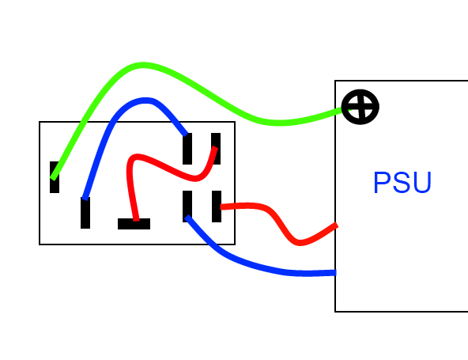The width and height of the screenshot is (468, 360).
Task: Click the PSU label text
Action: [402, 182]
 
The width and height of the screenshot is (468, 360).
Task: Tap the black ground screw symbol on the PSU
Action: [360, 107]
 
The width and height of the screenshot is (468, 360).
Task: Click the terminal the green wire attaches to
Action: [55, 177]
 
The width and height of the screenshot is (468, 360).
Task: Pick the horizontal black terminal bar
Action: [134, 224]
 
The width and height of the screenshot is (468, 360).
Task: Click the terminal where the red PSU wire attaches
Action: [217, 207]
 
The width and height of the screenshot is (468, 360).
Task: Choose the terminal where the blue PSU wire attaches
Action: [187, 207]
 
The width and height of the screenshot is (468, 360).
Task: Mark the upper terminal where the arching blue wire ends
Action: [187, 149]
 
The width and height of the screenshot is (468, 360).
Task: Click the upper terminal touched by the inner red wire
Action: [216, 149]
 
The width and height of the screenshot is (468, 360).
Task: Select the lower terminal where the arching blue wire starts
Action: [85, 213]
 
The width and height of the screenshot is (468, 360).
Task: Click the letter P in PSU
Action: [382, 183]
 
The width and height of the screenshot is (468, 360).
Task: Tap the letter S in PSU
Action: [402, 182]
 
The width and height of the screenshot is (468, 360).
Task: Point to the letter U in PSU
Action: [423, 183]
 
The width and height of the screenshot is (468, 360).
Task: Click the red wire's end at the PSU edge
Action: [337, 225]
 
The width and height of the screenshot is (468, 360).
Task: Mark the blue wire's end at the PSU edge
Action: [335, 272]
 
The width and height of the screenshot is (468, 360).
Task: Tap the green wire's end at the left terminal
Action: [53, 178]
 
